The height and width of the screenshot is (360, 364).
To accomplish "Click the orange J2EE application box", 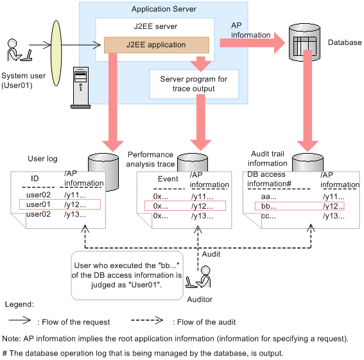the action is [x=157, y=45].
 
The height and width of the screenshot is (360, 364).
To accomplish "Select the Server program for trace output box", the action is [x=194, y=84].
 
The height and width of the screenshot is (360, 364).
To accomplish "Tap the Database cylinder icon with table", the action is [x=304, y=42].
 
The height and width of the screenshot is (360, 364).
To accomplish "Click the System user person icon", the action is [x=19, y=50].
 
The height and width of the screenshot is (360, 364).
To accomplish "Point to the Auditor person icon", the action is [x=199, y=277].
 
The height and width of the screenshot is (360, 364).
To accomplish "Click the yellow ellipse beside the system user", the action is [x=56, y=53].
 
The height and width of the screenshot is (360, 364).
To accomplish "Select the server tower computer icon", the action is [x=80, y=87].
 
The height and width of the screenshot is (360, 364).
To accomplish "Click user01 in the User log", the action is [x=39, y=204].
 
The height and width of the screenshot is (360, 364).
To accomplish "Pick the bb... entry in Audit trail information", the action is [x=269, y=206].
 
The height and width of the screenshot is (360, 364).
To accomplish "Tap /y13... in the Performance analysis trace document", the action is [x=202, y=216].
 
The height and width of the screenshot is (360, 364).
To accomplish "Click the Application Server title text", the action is [x=164, y=9].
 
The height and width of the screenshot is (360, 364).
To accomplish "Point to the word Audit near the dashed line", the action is [x=211, y=254].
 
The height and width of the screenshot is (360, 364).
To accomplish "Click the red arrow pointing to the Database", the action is [x=252, y=43].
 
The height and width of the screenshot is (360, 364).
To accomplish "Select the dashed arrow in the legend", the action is [x=147, y=320].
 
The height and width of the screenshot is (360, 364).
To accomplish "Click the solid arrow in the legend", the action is [x=20, y=320].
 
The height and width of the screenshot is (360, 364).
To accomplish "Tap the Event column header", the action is [x=168, y=179].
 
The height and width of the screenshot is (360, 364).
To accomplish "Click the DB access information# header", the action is [x=269, y=179].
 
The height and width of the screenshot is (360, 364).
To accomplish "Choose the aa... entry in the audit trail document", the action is [x=269, y=197].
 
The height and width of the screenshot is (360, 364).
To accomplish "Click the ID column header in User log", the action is [x=35, y=179].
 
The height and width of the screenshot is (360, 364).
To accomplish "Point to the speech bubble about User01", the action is [x=127, y=275].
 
